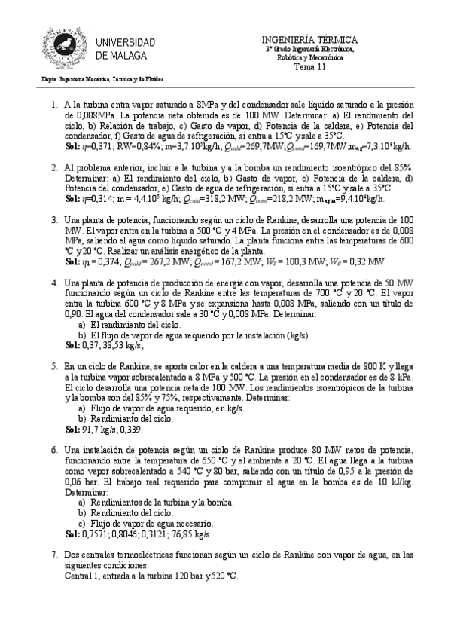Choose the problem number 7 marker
54,555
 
